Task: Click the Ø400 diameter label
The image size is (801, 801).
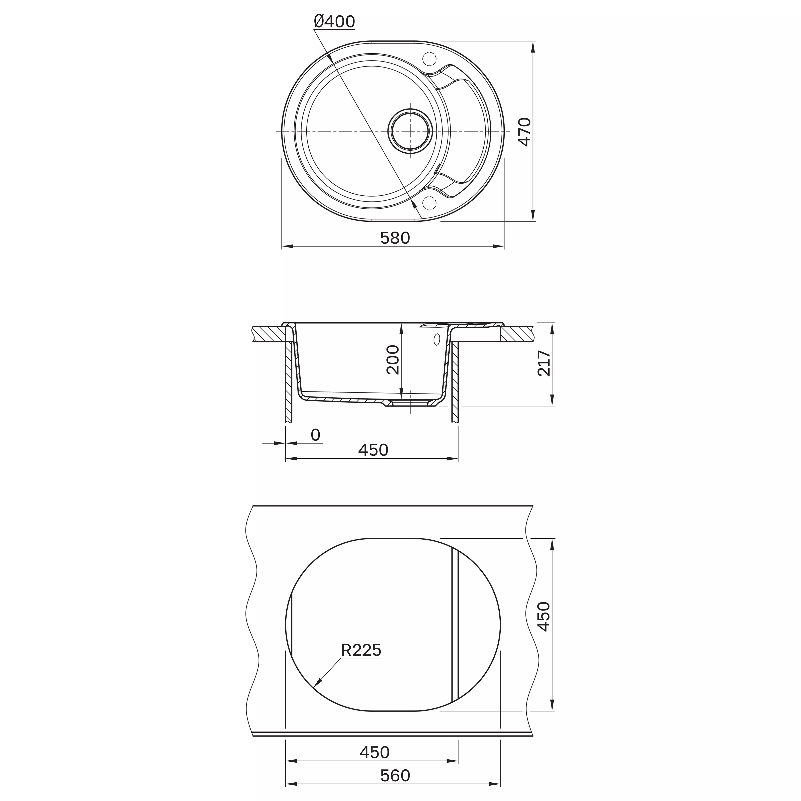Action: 334,22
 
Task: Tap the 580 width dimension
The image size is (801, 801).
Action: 395,238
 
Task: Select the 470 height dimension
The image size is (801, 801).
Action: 525,132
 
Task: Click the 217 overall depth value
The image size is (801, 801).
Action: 544,363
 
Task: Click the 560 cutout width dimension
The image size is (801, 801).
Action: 395,775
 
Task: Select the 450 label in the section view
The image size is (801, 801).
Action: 373,450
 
